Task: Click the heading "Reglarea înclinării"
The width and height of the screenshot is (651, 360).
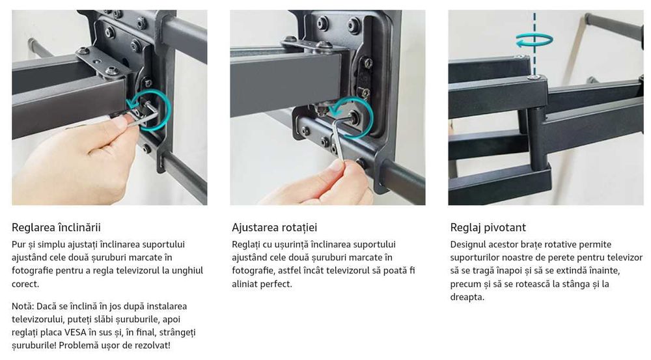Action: tap(56, 228)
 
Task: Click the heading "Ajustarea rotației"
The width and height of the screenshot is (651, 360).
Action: tap(274, 228)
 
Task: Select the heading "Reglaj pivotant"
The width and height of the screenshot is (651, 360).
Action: tap(488, 228)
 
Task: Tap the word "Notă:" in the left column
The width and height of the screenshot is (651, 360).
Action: tap(23, 306)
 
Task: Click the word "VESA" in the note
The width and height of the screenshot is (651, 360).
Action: tap(75, 332)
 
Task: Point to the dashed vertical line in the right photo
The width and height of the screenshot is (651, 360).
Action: tap(534, 44)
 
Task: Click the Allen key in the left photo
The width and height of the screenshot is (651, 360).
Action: tap(143, 115)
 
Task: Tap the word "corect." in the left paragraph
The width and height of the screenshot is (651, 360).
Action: tap(25, 284)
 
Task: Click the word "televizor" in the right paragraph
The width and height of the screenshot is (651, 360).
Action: tap(625, 257)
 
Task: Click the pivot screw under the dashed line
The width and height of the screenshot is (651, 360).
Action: tap(534, 77)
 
